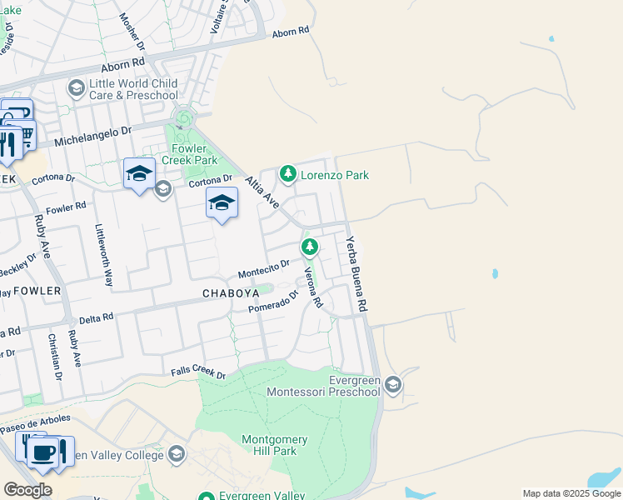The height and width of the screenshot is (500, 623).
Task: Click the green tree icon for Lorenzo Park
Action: (x=288, y=174)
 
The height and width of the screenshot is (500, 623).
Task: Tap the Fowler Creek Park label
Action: (x=190, y=153)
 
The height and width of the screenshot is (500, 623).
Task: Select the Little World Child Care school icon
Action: (x=76, y=88)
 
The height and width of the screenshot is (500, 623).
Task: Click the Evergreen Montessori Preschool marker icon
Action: (x=394, y=384)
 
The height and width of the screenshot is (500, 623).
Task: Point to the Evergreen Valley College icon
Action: (x=176, y=454)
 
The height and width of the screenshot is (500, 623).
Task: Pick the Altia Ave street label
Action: (x=261, y=191)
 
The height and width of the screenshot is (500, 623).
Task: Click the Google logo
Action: (x=27, y=490)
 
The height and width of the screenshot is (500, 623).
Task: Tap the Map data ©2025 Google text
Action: (x=571, y=493)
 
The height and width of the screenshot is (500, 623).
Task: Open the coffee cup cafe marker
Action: (x=43, y=452)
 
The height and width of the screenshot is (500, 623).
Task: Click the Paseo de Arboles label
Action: (x=36, y=421)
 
